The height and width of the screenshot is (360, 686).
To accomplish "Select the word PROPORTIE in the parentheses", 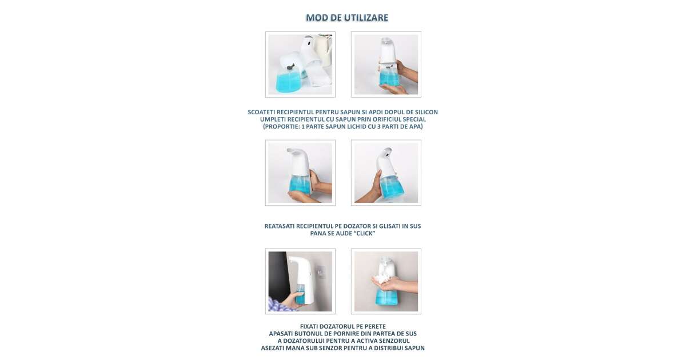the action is [281, 127].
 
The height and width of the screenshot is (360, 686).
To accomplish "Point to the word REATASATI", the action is [280, 226].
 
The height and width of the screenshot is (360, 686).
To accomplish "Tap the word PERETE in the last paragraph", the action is [375, 327].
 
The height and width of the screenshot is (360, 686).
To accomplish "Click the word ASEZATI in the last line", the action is [273, 349].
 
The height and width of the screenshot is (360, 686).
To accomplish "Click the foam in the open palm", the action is [382, 279].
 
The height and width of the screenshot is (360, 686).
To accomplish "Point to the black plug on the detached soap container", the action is [75, 67].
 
